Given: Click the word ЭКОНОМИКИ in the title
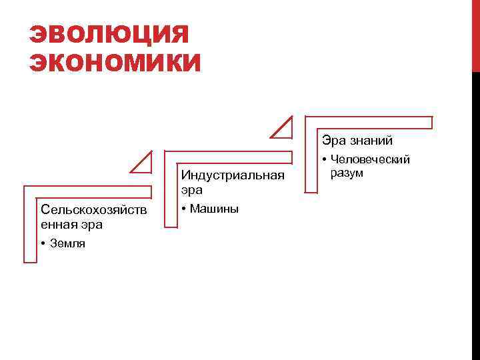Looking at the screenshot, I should click(115, 63).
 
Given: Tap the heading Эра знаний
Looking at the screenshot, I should click(357, 141).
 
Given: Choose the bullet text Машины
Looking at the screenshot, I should click(214, 209).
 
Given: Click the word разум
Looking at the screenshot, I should click(347, 173).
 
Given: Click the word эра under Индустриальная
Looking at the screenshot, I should click(191, 190).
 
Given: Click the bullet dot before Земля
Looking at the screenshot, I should click(42, 243).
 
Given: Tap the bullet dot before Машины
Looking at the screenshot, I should click(184, 209).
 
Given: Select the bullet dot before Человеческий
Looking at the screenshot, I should click(324, 160).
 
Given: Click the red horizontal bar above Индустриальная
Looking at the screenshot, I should click(230, 157).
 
